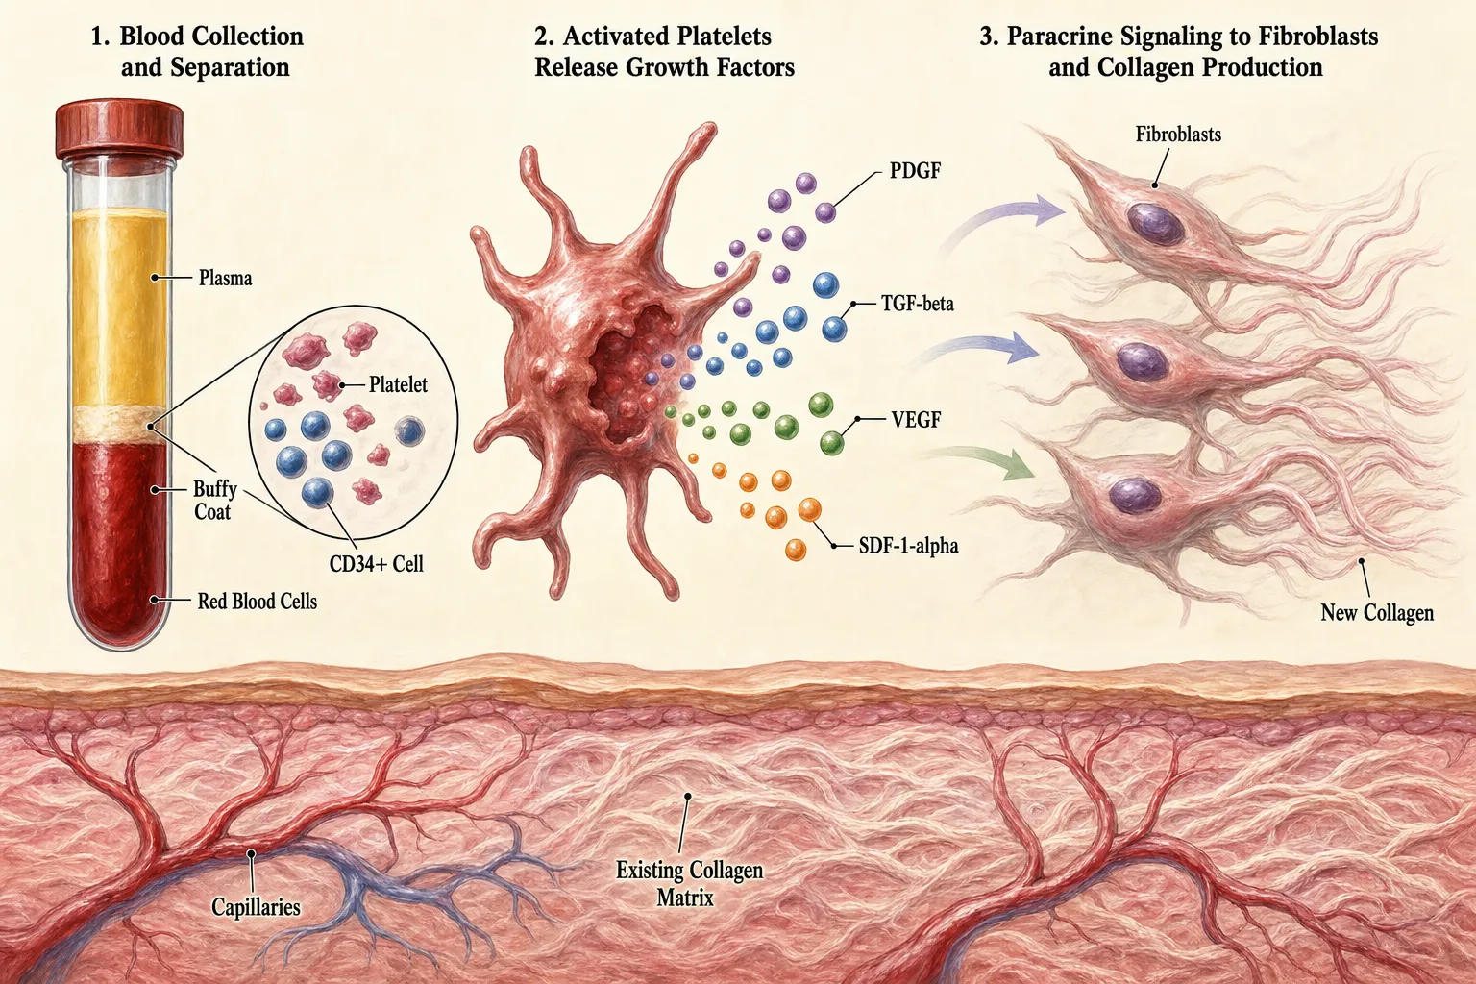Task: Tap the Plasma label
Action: (x=226, y=278)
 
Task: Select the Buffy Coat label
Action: (x=214, y=501)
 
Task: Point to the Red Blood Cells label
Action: (x=257, y=602)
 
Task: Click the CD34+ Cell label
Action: (x=377, y=563)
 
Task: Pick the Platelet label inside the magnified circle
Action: (x=398, y=384)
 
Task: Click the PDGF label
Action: (x=915, y=171)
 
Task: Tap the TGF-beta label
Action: (x=918, y=303)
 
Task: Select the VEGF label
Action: (x=916, y=419)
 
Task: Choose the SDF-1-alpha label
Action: (x=909, y=546)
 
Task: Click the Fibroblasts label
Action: (x=1178, y=135)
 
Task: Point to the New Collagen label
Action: (x=1377, y=613)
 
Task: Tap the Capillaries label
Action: (x=256, y=907)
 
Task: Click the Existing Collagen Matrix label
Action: (x=689, y=884)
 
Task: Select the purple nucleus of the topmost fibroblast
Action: (x=1155, y=223)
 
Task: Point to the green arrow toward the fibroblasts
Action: (x=983, y=461)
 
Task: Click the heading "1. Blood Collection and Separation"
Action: (x=197, y=51)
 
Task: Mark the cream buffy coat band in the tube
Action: (x=119, y=425)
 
